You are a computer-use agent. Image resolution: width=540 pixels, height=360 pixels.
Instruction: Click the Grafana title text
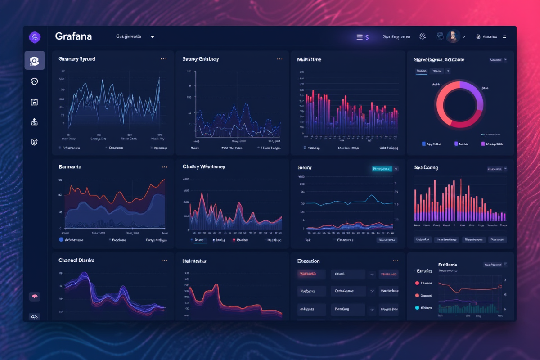(73, 36)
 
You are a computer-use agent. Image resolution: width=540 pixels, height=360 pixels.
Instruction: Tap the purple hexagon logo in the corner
(35, 37)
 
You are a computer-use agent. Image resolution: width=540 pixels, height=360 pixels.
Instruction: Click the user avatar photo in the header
(453, 37)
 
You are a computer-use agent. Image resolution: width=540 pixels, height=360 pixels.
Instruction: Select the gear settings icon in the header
(422, 37)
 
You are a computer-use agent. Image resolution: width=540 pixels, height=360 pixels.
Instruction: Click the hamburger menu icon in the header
(360, 37)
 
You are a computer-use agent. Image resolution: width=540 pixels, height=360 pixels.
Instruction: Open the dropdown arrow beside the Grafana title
(153, 37)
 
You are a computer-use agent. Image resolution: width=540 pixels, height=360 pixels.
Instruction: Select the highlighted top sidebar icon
(35, 60)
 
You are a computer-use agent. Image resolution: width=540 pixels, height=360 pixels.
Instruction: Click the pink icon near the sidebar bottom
(35, 297)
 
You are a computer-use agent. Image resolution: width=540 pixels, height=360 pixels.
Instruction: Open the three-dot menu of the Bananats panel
(164, 167)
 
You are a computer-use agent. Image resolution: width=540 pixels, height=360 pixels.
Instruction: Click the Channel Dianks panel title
(76, 261)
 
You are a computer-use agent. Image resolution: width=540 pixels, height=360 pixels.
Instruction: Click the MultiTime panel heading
(309, 59)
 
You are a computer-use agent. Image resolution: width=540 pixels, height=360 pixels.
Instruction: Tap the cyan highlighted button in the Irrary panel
(382, 169)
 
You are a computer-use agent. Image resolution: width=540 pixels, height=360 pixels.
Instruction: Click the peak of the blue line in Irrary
(371, 195)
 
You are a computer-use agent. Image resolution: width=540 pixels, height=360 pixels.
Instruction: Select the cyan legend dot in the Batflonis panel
(417, 308)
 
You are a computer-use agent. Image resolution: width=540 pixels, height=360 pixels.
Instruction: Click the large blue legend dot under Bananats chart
(61, 240)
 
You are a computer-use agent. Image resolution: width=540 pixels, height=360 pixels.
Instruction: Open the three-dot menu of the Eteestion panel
(395, 261)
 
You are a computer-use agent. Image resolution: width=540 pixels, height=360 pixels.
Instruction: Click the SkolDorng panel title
(426, 168)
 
